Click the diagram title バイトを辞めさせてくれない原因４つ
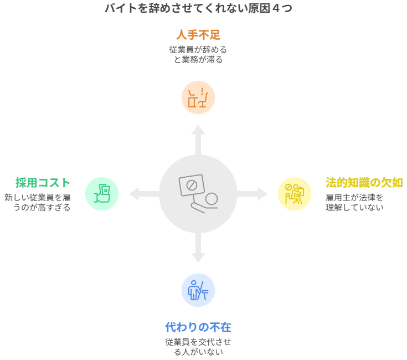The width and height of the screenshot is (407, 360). [x=198, y=8]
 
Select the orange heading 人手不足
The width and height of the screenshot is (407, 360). [x=198, y=35]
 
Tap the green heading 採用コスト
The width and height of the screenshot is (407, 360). [x=43, y=183]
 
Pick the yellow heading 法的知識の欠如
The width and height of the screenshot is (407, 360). [x=364, y=183]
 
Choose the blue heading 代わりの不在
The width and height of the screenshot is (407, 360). [x=198, y=327]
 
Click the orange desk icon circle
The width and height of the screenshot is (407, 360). [x=198, y=97]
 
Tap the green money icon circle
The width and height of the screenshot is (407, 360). [x=102, y=194]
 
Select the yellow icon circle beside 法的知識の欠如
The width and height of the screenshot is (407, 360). [x=295, y=194]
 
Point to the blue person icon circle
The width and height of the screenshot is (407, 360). [x=198, y=290]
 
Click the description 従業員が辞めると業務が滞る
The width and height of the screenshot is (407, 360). [x=198, y=54]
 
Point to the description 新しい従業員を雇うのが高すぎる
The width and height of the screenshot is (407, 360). [x=38, y=202]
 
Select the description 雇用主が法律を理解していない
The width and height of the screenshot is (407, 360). [x=354, y=202]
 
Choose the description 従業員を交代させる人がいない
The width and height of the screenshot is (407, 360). [x=198, y=347]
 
